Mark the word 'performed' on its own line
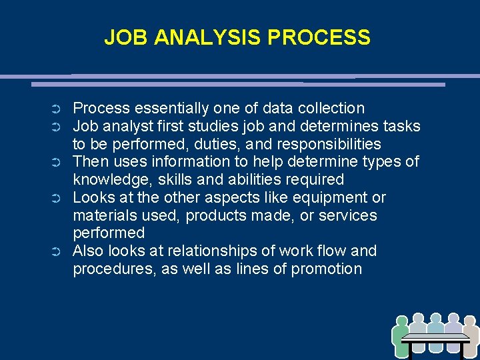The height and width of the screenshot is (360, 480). tap(109, 233)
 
